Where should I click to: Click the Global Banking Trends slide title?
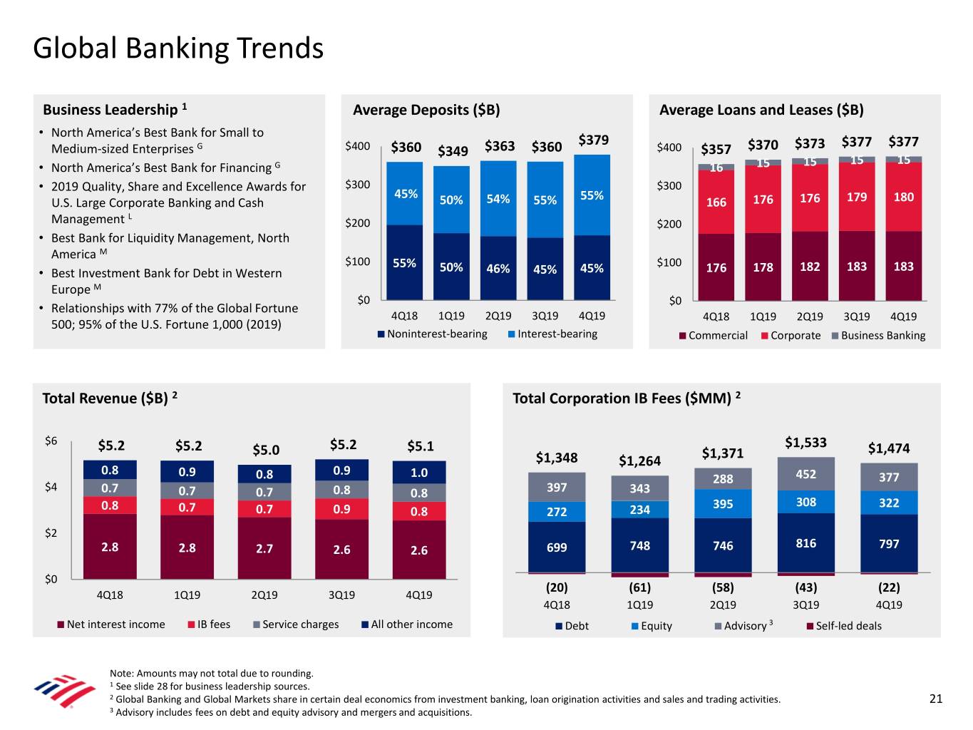tap(178, 48)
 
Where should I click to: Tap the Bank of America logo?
tap(64, 691)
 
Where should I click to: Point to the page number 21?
tap(935, 699)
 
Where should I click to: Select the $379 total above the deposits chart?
tap(593, 140)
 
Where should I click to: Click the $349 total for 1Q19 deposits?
tap(453, 150)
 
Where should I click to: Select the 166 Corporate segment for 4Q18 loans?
tap(716, 202)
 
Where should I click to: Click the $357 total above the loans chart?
tap(716, 149)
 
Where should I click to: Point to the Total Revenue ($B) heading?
tap(110, 398)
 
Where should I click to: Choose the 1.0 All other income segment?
tap(419, 473)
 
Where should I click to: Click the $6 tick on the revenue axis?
tap(51, 441)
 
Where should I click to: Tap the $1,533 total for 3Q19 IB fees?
tap(805, 442)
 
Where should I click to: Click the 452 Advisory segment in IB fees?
tap(805, 474)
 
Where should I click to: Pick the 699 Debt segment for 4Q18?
tap(557, 547)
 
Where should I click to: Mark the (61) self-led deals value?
tap(639, 587)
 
